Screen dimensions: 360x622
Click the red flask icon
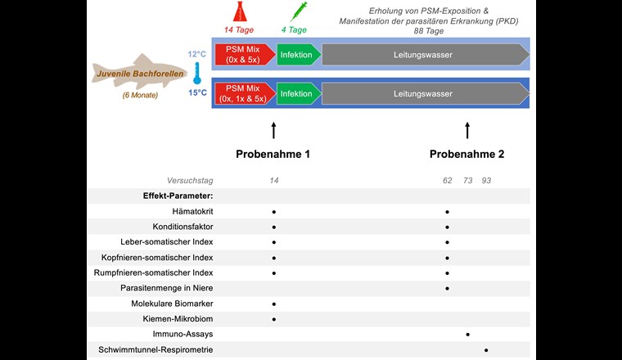coord(244,11)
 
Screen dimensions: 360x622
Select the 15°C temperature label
coord(196,93)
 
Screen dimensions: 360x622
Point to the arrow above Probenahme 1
coord(273,130)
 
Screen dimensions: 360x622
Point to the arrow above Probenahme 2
coord(467,130)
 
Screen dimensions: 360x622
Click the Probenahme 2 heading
coord(467,154)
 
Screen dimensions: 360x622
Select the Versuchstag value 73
coord(467,180)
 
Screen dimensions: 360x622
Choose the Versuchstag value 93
coord(487,180)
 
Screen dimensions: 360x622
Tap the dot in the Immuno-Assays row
coord(467,334)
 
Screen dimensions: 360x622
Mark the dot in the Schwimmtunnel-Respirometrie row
coord(486,349)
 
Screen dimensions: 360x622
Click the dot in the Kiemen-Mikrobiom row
coord(273,318)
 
